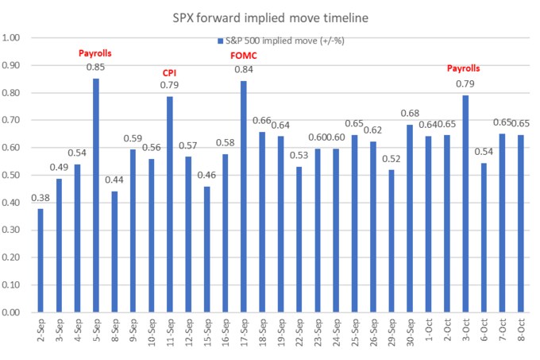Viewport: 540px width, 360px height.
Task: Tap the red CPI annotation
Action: point(169,72)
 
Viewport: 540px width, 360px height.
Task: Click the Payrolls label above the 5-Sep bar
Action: point(95,53)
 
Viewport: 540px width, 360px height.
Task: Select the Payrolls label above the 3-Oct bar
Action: point(465,70)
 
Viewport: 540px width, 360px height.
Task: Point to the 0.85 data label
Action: point(96,68)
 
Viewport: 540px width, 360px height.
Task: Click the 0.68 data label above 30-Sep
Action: point(410,114)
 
